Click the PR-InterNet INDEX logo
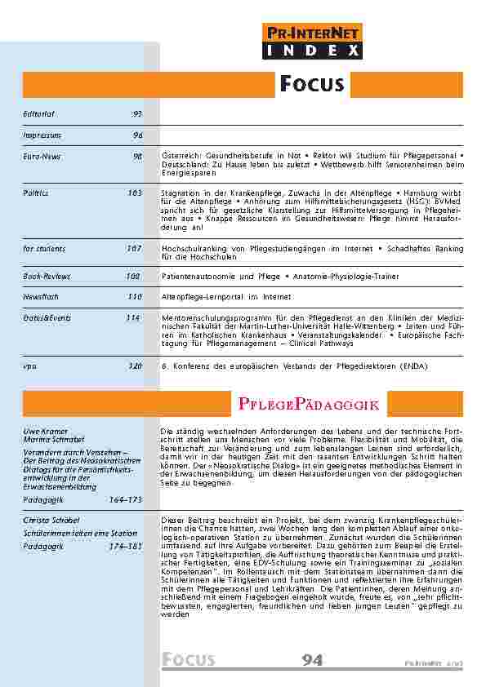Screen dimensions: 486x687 pos(314,42)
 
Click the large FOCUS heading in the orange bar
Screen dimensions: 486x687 pos(312,84)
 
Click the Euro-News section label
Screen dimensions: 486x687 pos(42,156)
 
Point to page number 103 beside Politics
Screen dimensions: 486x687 pos(135,193)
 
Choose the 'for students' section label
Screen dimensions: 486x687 pos(45,247)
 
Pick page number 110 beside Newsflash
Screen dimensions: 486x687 pos(135,297)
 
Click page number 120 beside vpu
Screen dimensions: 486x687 pos(135,366)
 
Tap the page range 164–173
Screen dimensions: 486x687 pos(125,499)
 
